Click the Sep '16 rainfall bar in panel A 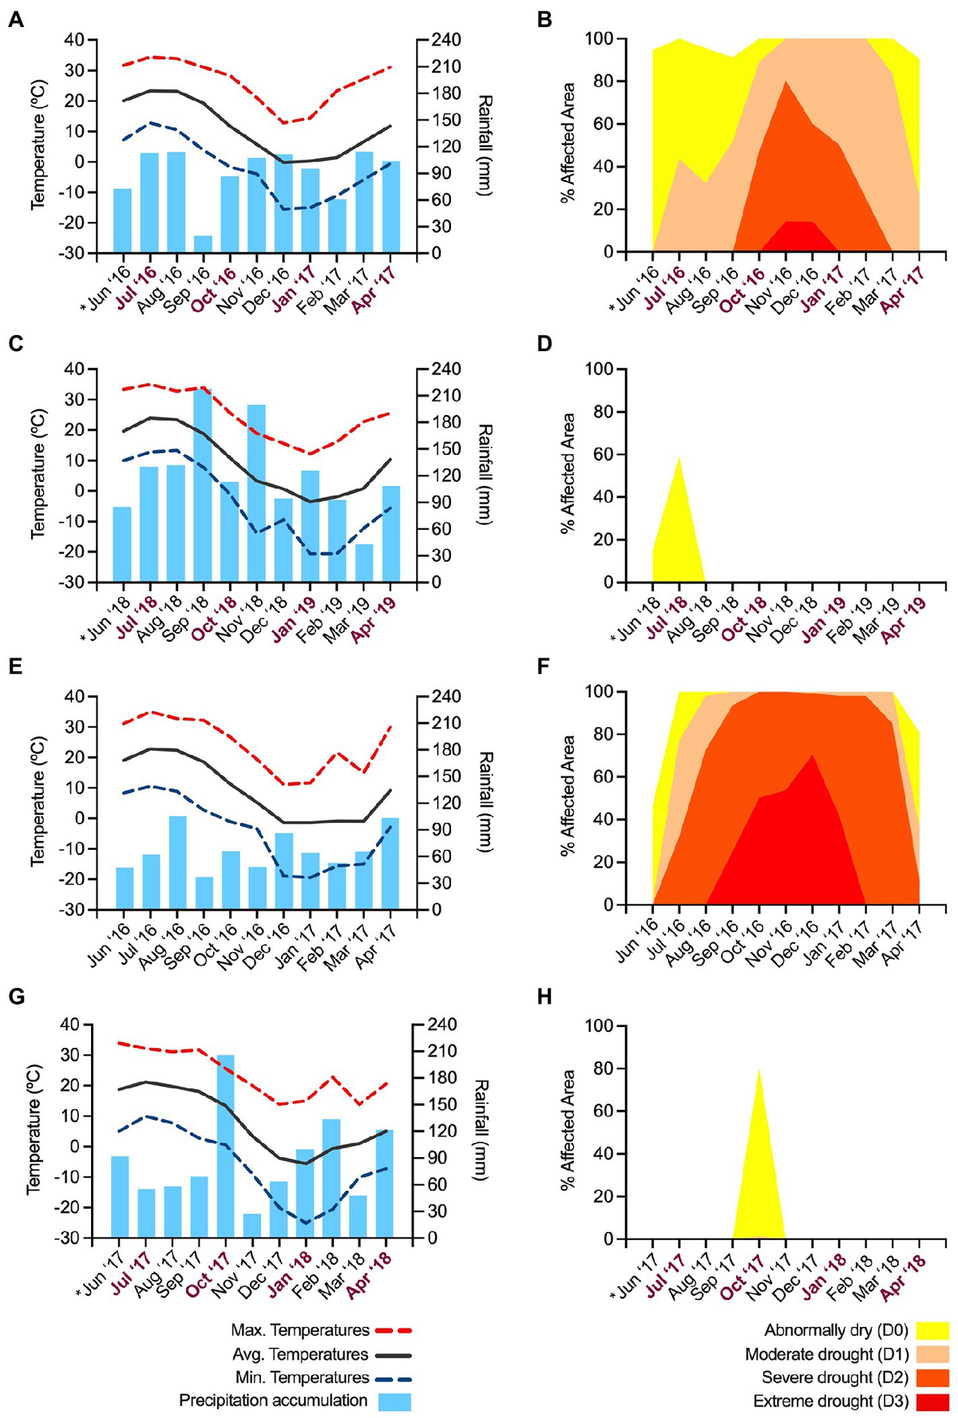[x=203, y=244]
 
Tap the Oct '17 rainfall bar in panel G [x=226, y=1147]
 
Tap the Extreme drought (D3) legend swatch [x=932, y=1401]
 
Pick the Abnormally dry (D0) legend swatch [x=932, y=1330]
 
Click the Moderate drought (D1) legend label [x=826, y=1354]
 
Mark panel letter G [x=15, y=996]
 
